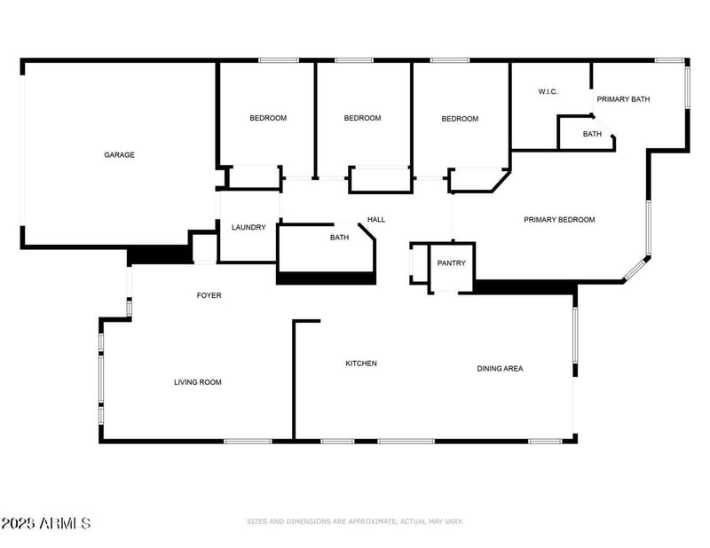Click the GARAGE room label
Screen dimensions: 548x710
point(119,155)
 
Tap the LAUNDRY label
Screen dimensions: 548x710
point(248,228)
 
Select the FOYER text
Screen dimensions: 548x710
point(209,295)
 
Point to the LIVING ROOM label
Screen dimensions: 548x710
point(197,382)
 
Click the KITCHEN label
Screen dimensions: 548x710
point(361,364)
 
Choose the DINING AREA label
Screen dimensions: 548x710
point(500,368)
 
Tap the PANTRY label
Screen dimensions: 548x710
point(452,263)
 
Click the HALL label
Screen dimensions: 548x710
point(376,220)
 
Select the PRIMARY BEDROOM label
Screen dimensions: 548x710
point(559,220)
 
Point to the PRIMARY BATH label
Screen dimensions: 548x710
point(623,99)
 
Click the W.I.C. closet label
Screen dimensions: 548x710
point(548,91)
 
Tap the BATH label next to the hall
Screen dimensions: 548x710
point(339,238)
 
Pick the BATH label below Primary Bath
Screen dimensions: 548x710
point(592,135)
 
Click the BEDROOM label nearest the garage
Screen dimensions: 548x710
point(267,118)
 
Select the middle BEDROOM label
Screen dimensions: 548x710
point(362,118)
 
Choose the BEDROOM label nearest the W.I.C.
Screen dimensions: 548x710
point(460,119)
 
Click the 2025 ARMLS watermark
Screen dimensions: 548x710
point(45,523)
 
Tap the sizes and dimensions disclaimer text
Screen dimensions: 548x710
point(355,521)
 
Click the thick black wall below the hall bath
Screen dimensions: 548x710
point(326,278)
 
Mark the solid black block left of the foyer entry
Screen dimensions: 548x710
point(160,256)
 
